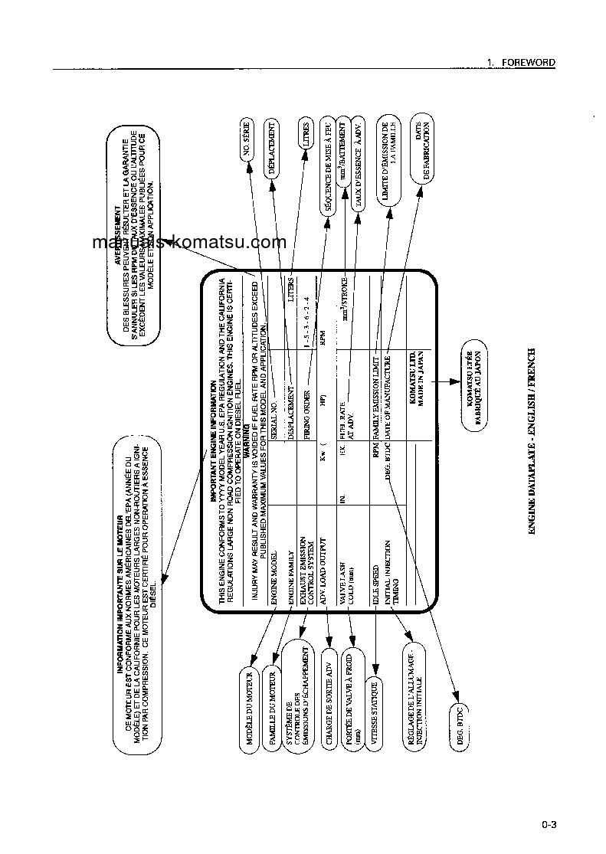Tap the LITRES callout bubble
pos(306,135)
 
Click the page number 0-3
pos(548,825)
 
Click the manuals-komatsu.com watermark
pos(188,243)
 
